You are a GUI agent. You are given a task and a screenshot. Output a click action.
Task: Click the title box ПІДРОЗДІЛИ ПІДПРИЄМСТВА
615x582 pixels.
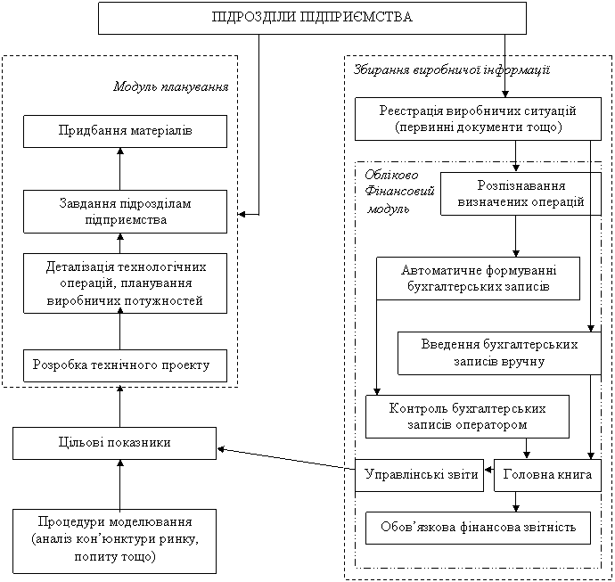click(312, 17)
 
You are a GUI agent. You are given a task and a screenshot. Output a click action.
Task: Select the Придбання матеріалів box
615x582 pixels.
click(119, 131)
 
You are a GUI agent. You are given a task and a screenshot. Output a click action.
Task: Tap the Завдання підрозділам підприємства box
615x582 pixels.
click(119, 211)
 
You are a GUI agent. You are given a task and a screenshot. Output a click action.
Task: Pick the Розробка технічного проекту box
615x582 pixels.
click(120, 365)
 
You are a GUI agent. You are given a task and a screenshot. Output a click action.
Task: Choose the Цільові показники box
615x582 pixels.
click(114, 443)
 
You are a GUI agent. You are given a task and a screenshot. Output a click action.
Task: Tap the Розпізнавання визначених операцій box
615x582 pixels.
click(520, 193)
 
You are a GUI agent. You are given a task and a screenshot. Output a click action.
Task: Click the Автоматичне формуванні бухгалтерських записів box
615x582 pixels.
click(478, 278)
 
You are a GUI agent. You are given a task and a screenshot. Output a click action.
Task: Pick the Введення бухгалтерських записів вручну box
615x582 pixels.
click(498, 353)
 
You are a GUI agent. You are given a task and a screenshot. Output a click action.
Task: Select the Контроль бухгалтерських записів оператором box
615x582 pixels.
click(467, 416)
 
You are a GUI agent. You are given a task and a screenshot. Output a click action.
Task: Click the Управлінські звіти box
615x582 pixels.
click(418, 475)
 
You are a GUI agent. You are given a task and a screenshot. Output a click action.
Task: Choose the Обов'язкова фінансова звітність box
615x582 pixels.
click(478, 528)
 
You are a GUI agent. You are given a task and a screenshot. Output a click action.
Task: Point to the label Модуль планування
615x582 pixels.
click(172, 87)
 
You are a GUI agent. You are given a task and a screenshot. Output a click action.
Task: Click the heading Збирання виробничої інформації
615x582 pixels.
click(451, 69)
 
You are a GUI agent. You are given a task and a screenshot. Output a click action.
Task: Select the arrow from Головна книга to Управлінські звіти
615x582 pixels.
click(488, 475)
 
